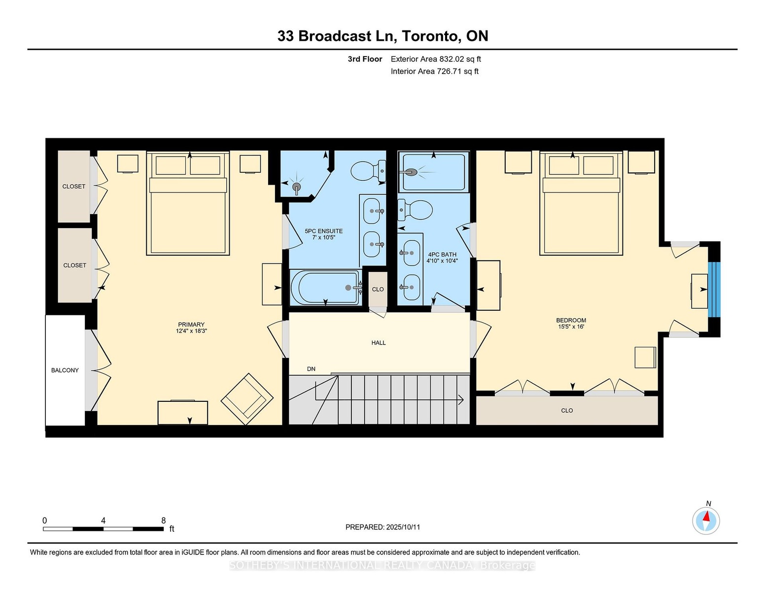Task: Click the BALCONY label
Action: click(x=65, y=370)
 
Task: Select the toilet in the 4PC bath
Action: click(x=415, y=210)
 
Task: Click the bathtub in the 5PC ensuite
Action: click(x=325, y=287)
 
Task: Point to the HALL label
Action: click(x=379, y=343)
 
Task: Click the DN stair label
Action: click(x=311, y=369)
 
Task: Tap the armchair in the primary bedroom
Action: click(x=247, y=399)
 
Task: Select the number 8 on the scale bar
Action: click(x=163, y=521)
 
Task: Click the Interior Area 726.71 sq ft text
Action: click(x=434, y=71)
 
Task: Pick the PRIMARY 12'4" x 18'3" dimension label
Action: click(x=191, y=328)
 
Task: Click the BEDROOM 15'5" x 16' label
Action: click(x=571, y=324)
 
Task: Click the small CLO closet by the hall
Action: click(x=378, y=289)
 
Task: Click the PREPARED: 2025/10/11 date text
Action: click(x=382, y=527)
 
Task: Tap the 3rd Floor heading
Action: click(x=365, y=59)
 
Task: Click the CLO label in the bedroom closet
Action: click(x=567, y=410)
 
